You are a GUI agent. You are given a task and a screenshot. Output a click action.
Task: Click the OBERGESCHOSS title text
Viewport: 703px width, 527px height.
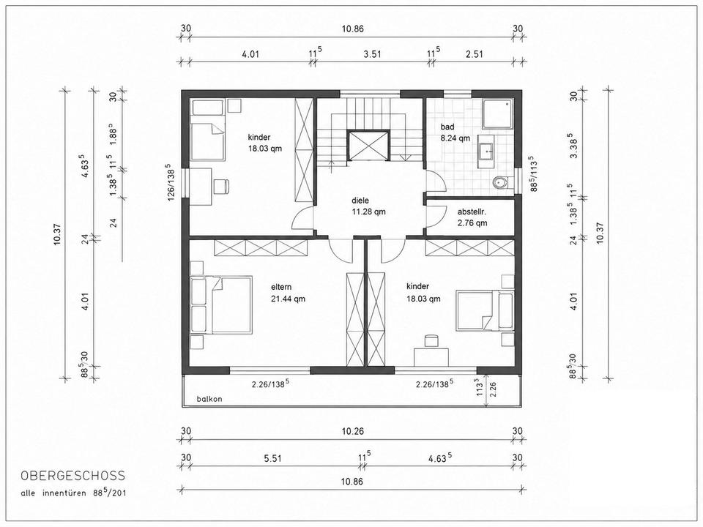(73, 476)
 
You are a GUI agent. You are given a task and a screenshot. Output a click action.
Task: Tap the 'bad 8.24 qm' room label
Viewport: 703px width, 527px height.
(455, 132)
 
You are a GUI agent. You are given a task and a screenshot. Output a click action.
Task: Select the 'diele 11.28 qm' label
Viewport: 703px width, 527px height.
(368, 206)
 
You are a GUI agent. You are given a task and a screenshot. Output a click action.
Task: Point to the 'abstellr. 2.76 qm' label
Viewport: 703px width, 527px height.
(472, 217)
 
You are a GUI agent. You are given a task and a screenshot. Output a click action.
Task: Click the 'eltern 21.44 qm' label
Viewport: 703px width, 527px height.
(288, 293)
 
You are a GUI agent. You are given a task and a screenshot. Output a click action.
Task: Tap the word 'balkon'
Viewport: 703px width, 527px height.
(209, 399)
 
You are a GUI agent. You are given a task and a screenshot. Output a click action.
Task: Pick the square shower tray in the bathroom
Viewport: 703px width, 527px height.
(498, 114)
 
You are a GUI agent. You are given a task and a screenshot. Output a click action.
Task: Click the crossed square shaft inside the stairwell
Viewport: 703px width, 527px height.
(368, 145)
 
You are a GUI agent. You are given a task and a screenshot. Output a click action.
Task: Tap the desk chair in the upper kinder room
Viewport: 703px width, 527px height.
(220, 187)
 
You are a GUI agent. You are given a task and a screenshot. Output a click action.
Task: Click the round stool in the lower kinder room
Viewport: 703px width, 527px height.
(431, 340)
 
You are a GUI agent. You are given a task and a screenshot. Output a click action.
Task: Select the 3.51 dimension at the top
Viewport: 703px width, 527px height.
(372, 55)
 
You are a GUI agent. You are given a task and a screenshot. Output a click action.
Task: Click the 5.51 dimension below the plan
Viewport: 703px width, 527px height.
(273, 458)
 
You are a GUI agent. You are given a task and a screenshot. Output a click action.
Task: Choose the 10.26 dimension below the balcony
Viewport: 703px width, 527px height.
(352, 432)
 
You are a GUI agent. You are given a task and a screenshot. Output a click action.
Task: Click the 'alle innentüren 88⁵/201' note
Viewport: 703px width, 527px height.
(73, 493)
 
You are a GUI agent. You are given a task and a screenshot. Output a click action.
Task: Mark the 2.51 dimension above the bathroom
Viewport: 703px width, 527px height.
(475, 55)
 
